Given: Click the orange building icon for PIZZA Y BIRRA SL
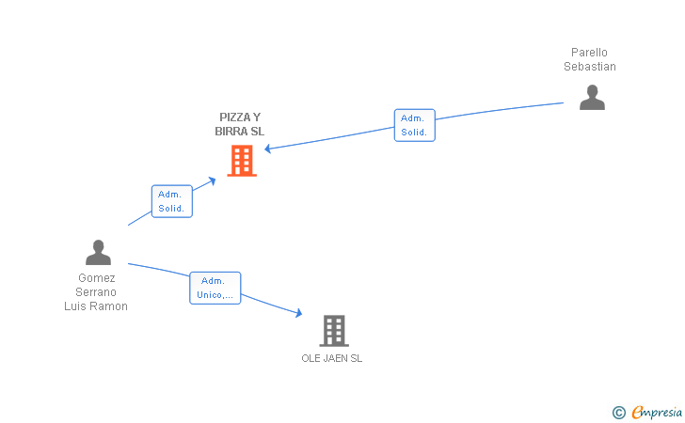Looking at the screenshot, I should click(x=242, y=161).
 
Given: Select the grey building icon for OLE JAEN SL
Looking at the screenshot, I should click(x=334, y=330).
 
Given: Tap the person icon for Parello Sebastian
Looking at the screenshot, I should click(x=592, y=98).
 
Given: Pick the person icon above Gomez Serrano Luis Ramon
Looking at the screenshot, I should click(x=98, y=252).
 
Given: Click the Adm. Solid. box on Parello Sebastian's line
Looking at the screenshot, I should click(x=414, y=125).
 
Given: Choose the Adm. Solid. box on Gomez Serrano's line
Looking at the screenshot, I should click(x=171, y=201).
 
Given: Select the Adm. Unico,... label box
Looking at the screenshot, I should click(x=215, y=288).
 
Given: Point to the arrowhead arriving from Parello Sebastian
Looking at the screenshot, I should click(x=268, y=149).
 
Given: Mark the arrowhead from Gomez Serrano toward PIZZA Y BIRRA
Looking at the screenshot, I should click(x=215, y=178).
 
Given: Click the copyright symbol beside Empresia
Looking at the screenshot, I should click(x=618, y=412).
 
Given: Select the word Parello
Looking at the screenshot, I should click(x=590, y=53).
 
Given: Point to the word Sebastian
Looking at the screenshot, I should click(x=590, y=67).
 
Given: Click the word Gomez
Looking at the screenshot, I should click(x=96, y=278).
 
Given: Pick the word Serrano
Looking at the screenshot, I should click(x=96, y=292).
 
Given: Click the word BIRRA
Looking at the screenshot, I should click(x=231, y=132).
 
